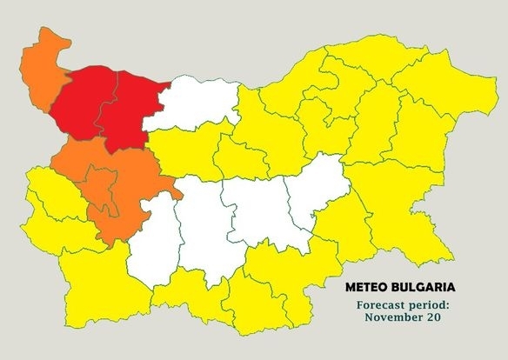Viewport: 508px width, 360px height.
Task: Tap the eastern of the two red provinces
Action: [x=126, y=113]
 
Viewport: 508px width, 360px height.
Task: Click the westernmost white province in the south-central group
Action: [x=152, y=239]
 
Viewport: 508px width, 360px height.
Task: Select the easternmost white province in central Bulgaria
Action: [x=317, y=191]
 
